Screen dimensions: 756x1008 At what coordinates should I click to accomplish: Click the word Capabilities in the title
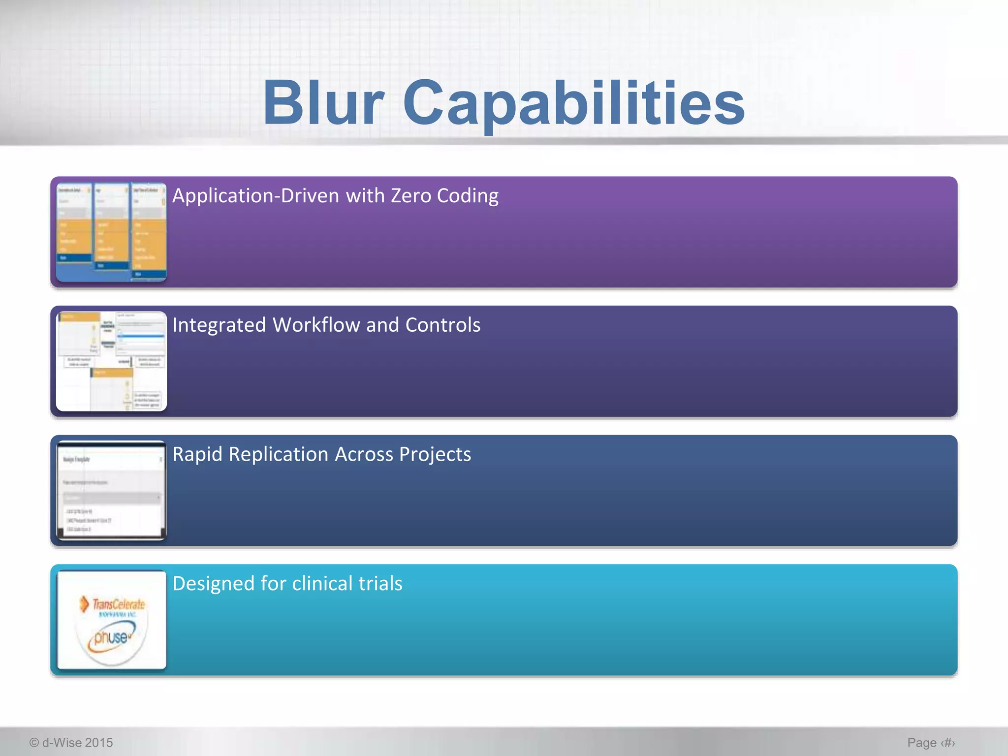573,103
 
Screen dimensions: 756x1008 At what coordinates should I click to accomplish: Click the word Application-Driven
255,196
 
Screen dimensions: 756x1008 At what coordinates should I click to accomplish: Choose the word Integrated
219,325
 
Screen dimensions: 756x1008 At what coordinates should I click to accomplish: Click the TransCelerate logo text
118,604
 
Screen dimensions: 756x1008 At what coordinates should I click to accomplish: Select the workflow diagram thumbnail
111,361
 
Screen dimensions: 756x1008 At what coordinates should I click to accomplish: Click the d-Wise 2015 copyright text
71,742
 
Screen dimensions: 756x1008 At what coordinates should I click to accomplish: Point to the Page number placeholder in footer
931,742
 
